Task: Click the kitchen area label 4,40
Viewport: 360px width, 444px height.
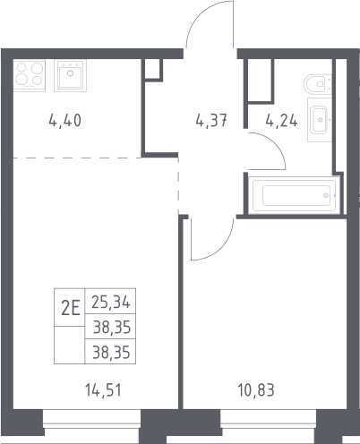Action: [64, 121]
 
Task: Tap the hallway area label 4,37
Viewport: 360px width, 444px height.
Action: [211, 121]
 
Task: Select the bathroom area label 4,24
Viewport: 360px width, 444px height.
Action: [281, 121]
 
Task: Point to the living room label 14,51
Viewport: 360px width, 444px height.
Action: [103, 390]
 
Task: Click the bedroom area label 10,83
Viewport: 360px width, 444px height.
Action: [256, 390]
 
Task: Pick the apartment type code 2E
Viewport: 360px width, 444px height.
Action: [71, 308]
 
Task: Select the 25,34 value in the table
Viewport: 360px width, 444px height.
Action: [111, 302]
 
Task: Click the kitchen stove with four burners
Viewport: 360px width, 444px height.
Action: [30, 75]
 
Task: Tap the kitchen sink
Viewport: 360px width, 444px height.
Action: [70, 75]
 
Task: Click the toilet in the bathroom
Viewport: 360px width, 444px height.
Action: [318, 84]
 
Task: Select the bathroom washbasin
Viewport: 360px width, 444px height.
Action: [320, 120]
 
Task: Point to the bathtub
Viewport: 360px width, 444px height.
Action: [295, 195]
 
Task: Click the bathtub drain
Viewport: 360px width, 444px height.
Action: [326, 195]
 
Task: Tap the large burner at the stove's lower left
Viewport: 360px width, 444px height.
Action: [21, 80]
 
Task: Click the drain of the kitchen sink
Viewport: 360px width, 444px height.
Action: [70, 73]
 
